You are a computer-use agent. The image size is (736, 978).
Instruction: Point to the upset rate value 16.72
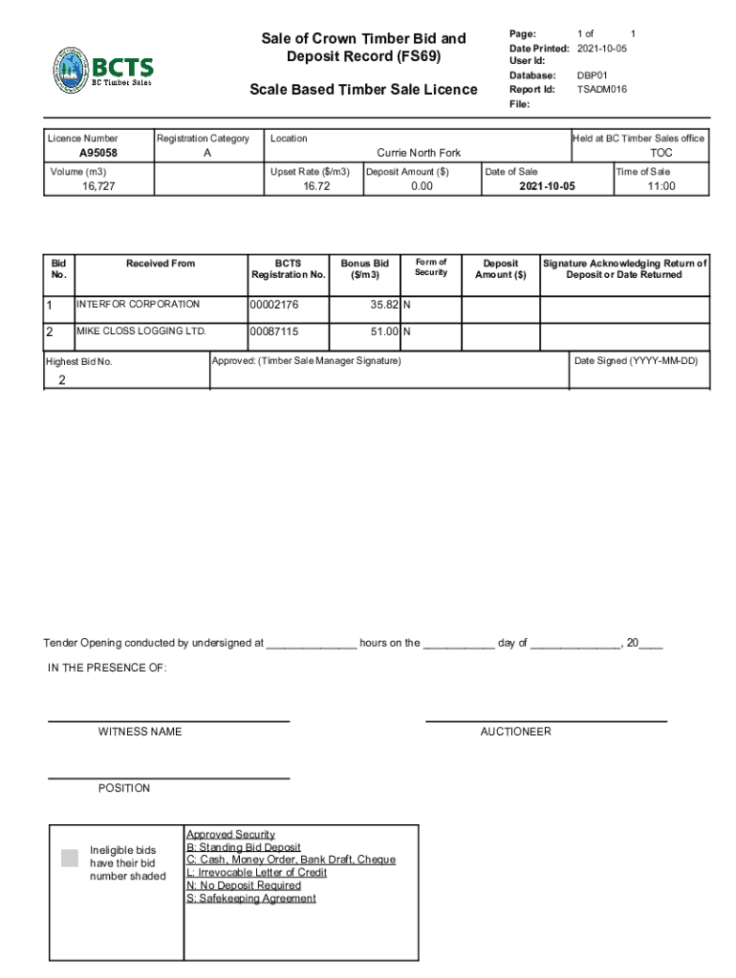(316, 186)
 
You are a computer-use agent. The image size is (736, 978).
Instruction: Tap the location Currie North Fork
(419, 153)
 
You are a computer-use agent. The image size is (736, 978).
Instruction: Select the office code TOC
(660, 153)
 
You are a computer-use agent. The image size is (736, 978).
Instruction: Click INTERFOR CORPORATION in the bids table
(139, 305)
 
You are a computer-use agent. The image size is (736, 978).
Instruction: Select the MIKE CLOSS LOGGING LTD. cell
(141, 331)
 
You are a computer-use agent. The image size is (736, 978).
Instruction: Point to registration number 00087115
(274, 332)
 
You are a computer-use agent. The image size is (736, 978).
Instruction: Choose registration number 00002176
(274, 306)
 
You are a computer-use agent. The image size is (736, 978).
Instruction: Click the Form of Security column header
(430, 267)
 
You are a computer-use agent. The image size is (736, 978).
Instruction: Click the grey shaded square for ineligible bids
(69, 858)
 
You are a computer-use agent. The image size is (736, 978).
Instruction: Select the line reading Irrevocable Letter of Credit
(256, 873)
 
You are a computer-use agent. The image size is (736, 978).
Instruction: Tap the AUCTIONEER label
(515, 732)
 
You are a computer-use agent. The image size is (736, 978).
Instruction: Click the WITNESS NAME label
(140, 732)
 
